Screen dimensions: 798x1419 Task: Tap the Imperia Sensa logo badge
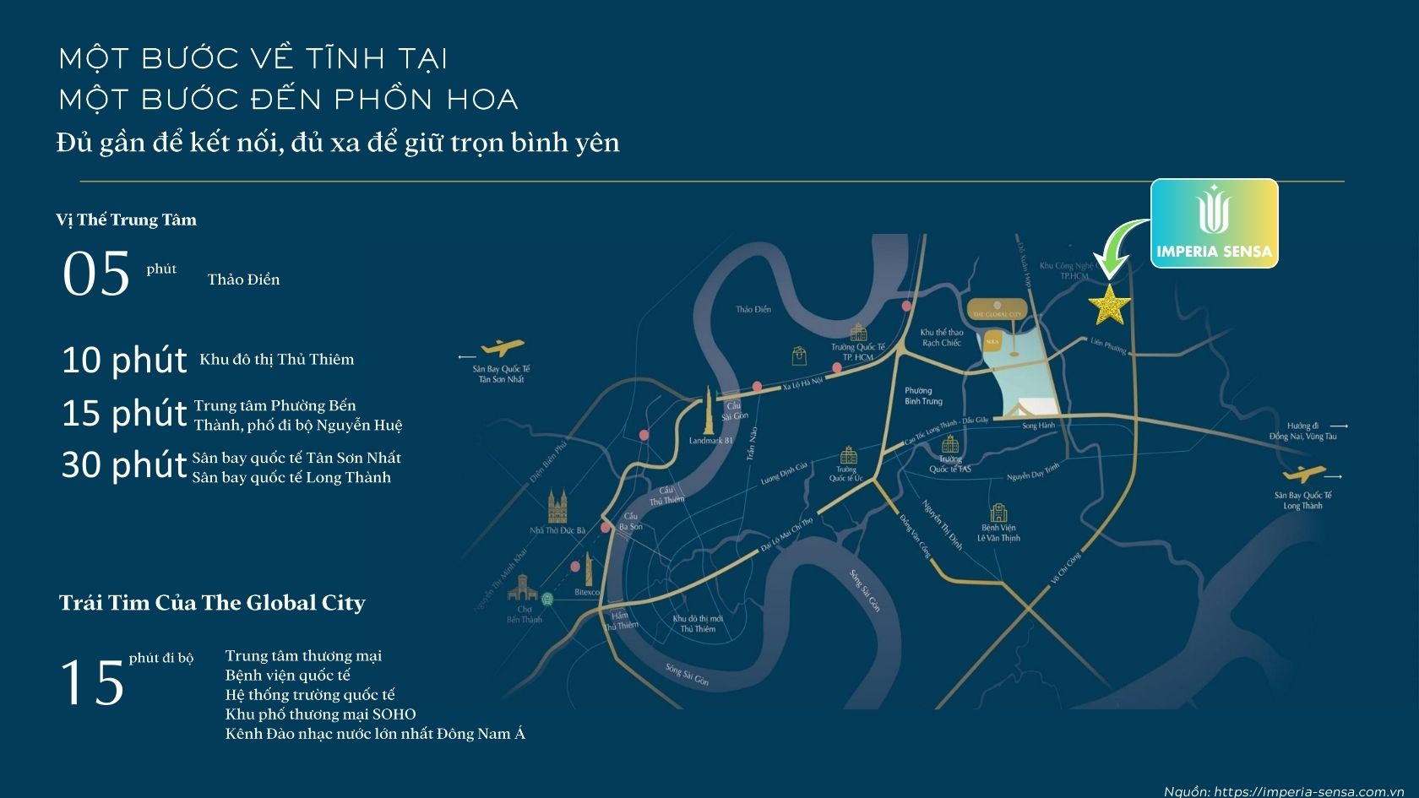[x=1214, y=224]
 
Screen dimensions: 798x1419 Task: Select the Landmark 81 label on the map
[x=710, y=441]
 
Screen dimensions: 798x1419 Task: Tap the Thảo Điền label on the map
[x=753, y=310]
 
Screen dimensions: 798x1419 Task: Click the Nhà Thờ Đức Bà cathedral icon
[x=557, y=507]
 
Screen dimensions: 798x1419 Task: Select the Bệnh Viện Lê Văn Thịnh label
[x=998, y=533]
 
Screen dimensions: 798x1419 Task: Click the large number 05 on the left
[x=96, y=274]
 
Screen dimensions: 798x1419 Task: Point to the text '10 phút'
[x=124, y=361]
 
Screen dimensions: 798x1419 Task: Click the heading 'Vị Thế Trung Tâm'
[x=126, y=220]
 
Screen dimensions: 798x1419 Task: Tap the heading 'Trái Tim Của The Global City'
[x=212, y=603]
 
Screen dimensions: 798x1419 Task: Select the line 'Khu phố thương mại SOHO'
[x=320, y=714]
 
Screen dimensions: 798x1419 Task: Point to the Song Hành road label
[x=1038, y=426]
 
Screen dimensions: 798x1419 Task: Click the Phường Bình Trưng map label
[x=922, y=396]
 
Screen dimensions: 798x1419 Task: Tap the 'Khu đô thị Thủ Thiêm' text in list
[x=276, y=360]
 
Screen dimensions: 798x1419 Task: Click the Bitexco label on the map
[x=586, y=593]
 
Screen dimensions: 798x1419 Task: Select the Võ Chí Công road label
[x=1066, y=569]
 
